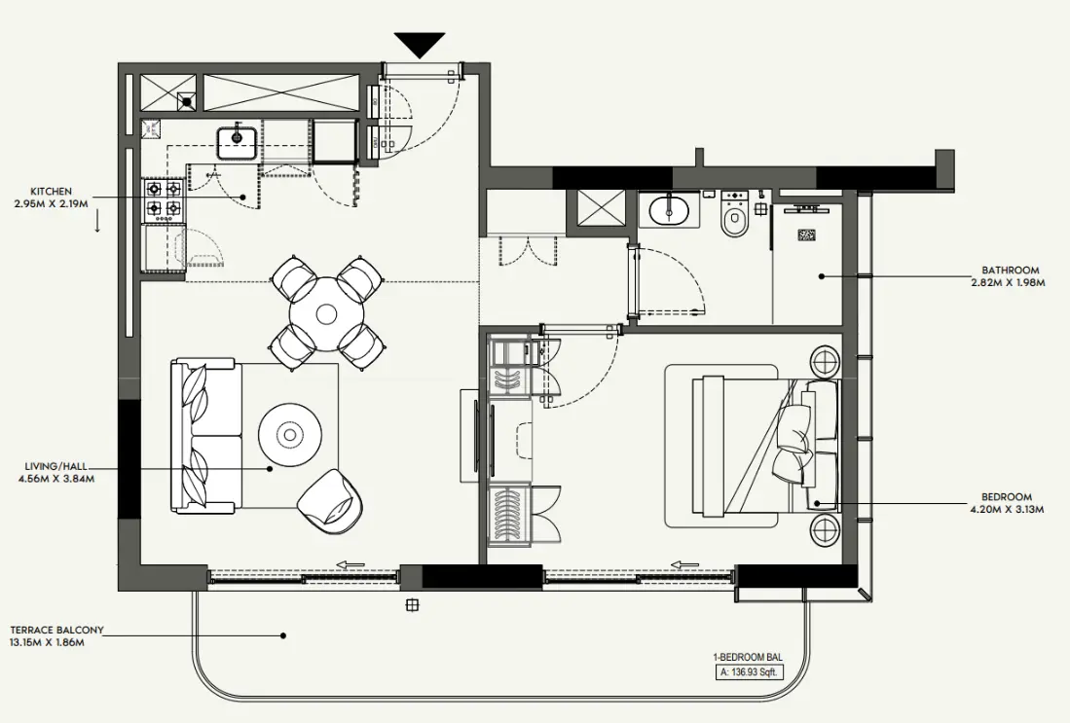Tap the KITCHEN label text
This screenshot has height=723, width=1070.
click(x=51, y=192)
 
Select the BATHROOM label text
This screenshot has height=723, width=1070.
click(x=1010, y=271)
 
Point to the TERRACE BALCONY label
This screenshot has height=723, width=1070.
click(x=56, y=631)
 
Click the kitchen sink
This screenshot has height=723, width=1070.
click(x=236, y=143)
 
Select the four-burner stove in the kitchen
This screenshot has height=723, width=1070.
click(x=164, y=199)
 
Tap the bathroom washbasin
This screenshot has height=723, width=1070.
click(x=669, y=208)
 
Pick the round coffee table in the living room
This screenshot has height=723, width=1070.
click(x=290, y=434)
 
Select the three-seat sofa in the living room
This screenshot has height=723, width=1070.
click(x=204, y=436)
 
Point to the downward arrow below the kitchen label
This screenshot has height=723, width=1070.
click(x=98, y=222)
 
